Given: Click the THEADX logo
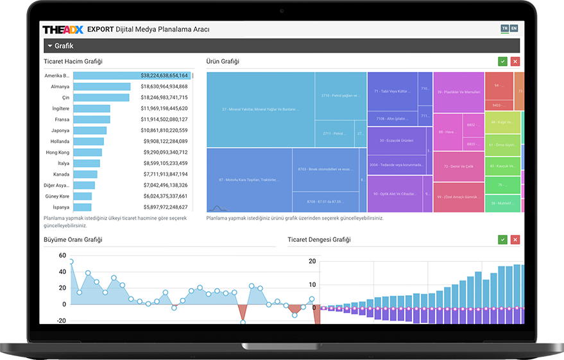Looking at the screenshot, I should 63,30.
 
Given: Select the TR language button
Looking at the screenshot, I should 504,29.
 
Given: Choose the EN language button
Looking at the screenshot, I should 513,29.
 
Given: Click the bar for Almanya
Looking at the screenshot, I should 101,86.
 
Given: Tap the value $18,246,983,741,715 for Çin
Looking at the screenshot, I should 164,98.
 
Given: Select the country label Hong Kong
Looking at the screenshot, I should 57,152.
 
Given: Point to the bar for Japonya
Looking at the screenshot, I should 90,130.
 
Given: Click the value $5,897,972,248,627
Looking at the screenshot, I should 164,207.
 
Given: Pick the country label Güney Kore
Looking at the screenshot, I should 57,196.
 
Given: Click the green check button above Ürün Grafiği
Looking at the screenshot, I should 502,62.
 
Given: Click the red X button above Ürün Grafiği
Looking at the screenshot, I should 515,62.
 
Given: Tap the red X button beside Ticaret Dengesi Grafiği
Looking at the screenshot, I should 515,239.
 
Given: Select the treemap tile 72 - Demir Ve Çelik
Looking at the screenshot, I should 458,167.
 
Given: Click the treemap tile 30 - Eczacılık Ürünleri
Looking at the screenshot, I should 396,141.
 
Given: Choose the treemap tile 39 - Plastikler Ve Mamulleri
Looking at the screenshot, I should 458,92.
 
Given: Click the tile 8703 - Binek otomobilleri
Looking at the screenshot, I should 325,169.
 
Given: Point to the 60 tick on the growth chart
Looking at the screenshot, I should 62,255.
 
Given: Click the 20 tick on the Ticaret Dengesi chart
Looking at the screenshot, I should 312,261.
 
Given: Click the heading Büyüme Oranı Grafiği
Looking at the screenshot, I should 73,239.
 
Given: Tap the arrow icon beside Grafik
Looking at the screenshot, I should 49,46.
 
